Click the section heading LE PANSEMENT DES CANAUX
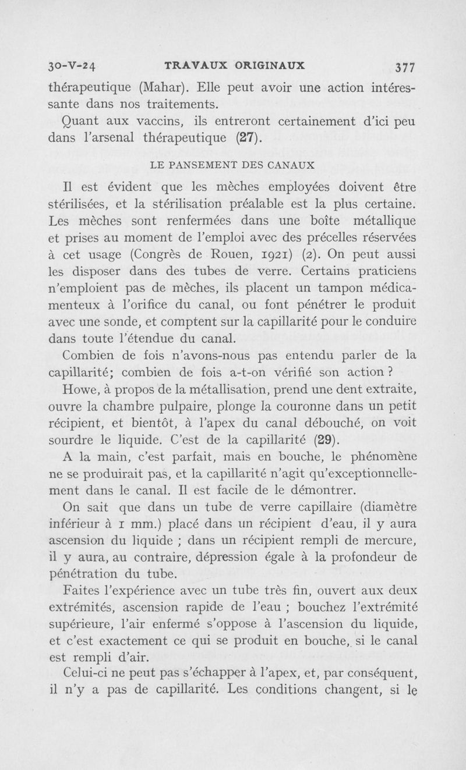[232, 165]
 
